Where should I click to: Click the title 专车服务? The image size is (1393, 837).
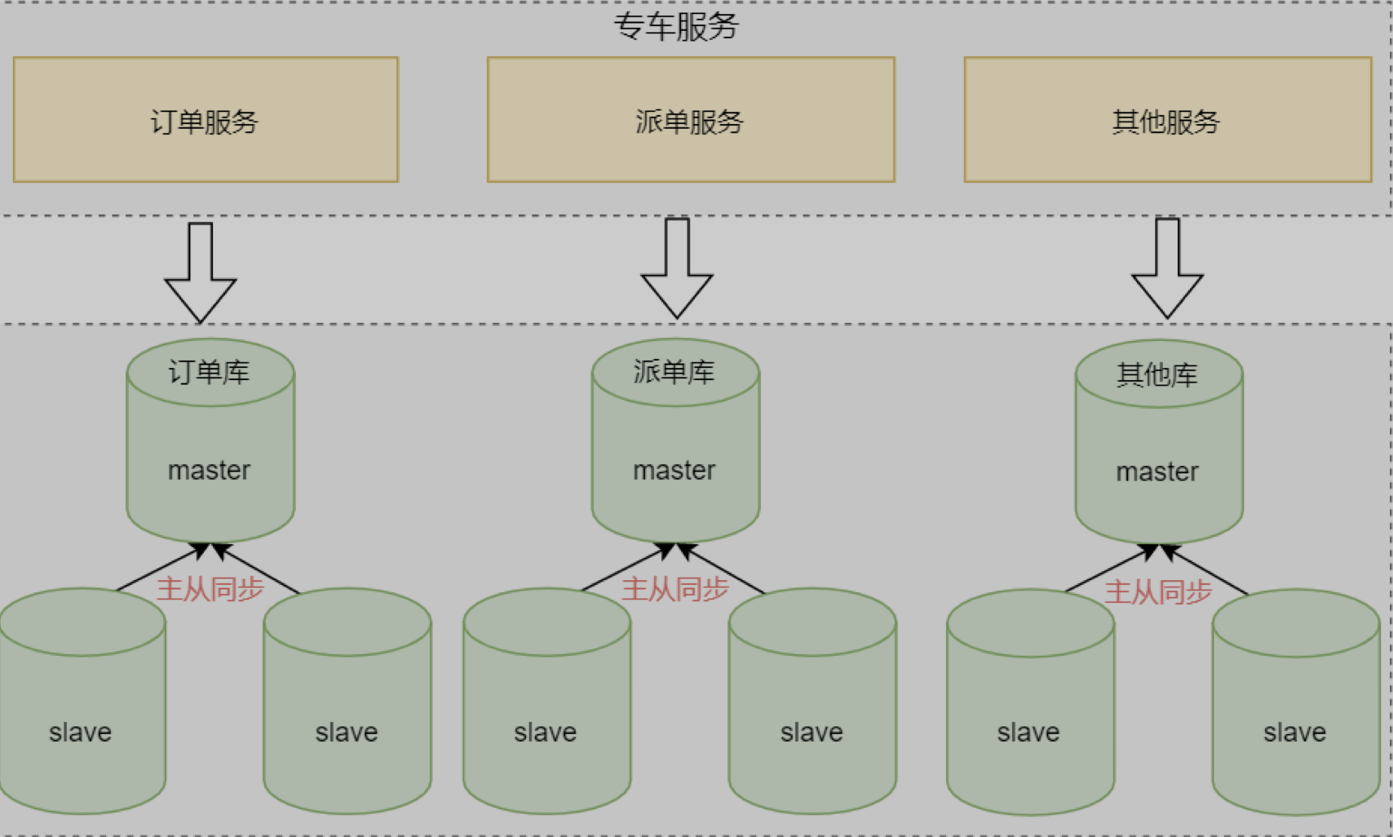676,26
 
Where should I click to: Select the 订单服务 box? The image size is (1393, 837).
206,120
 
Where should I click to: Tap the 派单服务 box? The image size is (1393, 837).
691,120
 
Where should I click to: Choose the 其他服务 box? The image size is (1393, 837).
1167,120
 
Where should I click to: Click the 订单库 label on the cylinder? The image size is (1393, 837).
210,373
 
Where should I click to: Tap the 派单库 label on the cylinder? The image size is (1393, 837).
674,373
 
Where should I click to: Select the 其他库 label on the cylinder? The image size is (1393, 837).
1157,375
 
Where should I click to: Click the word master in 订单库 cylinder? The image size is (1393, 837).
210,471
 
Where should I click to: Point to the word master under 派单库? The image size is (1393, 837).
674,471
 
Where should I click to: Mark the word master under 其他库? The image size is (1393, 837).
1157,472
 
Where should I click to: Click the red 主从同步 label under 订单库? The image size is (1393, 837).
210,589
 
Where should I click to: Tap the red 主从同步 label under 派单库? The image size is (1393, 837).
675,589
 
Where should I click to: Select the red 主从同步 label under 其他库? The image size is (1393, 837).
1158,591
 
